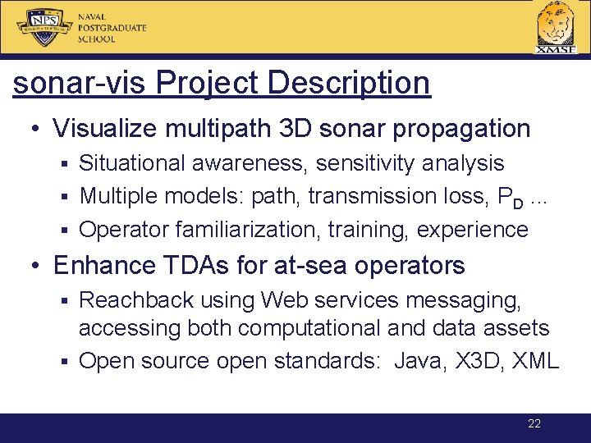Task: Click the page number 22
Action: point(534,424)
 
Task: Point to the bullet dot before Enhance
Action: point(37,267)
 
